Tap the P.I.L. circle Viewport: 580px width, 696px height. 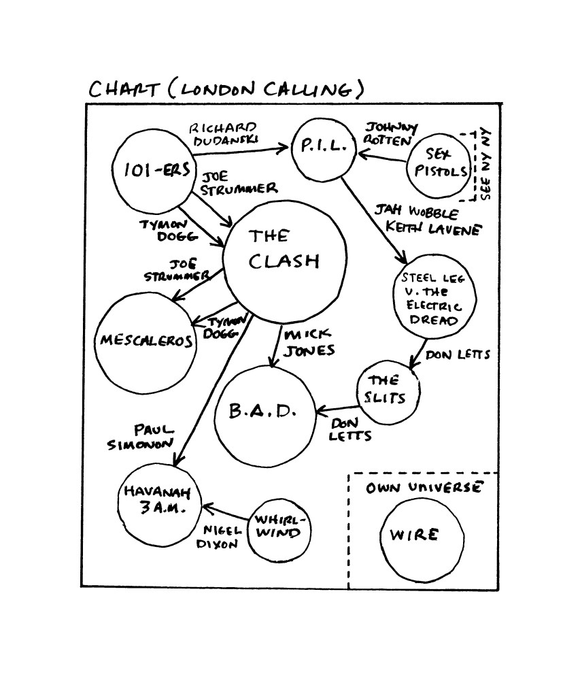(324, 148)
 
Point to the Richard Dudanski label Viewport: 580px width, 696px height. (223, 133)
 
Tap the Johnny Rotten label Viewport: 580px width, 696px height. (390, 134)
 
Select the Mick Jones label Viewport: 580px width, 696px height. (310, 344)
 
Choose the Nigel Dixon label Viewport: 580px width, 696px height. (218, 537)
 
